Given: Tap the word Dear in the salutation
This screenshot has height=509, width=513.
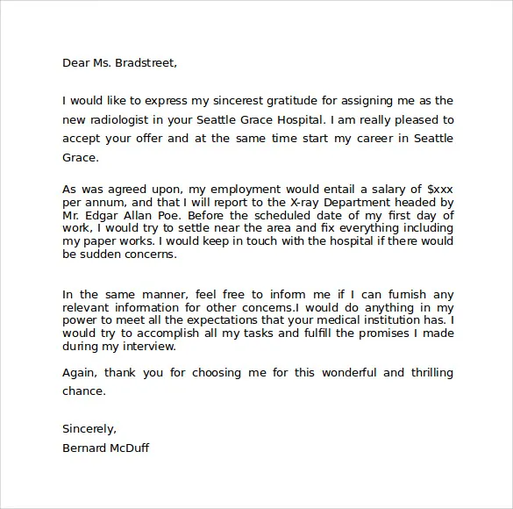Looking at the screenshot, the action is coord(76,62).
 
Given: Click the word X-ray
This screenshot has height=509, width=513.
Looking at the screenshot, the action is coord(268,201).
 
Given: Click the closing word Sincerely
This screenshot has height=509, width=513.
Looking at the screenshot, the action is coord(89,429).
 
